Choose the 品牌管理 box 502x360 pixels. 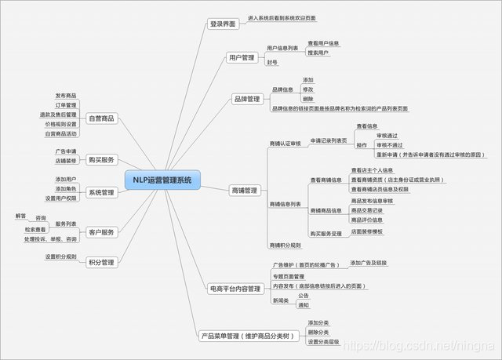247,99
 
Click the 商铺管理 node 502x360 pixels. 245,190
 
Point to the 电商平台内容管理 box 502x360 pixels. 235,289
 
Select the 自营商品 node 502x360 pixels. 102,118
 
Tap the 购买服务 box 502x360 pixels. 102,159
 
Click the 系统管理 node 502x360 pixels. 102,192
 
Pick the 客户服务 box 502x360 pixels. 102,232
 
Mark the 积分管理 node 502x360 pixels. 102,262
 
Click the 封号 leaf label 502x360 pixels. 272,63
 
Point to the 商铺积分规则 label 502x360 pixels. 285,245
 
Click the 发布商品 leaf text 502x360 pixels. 66,95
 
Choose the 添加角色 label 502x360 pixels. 66,188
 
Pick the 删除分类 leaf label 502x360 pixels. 318,332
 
